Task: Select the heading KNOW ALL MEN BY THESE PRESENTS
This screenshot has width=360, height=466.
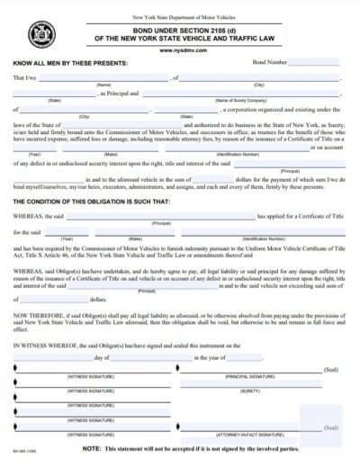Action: coord(71,63)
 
